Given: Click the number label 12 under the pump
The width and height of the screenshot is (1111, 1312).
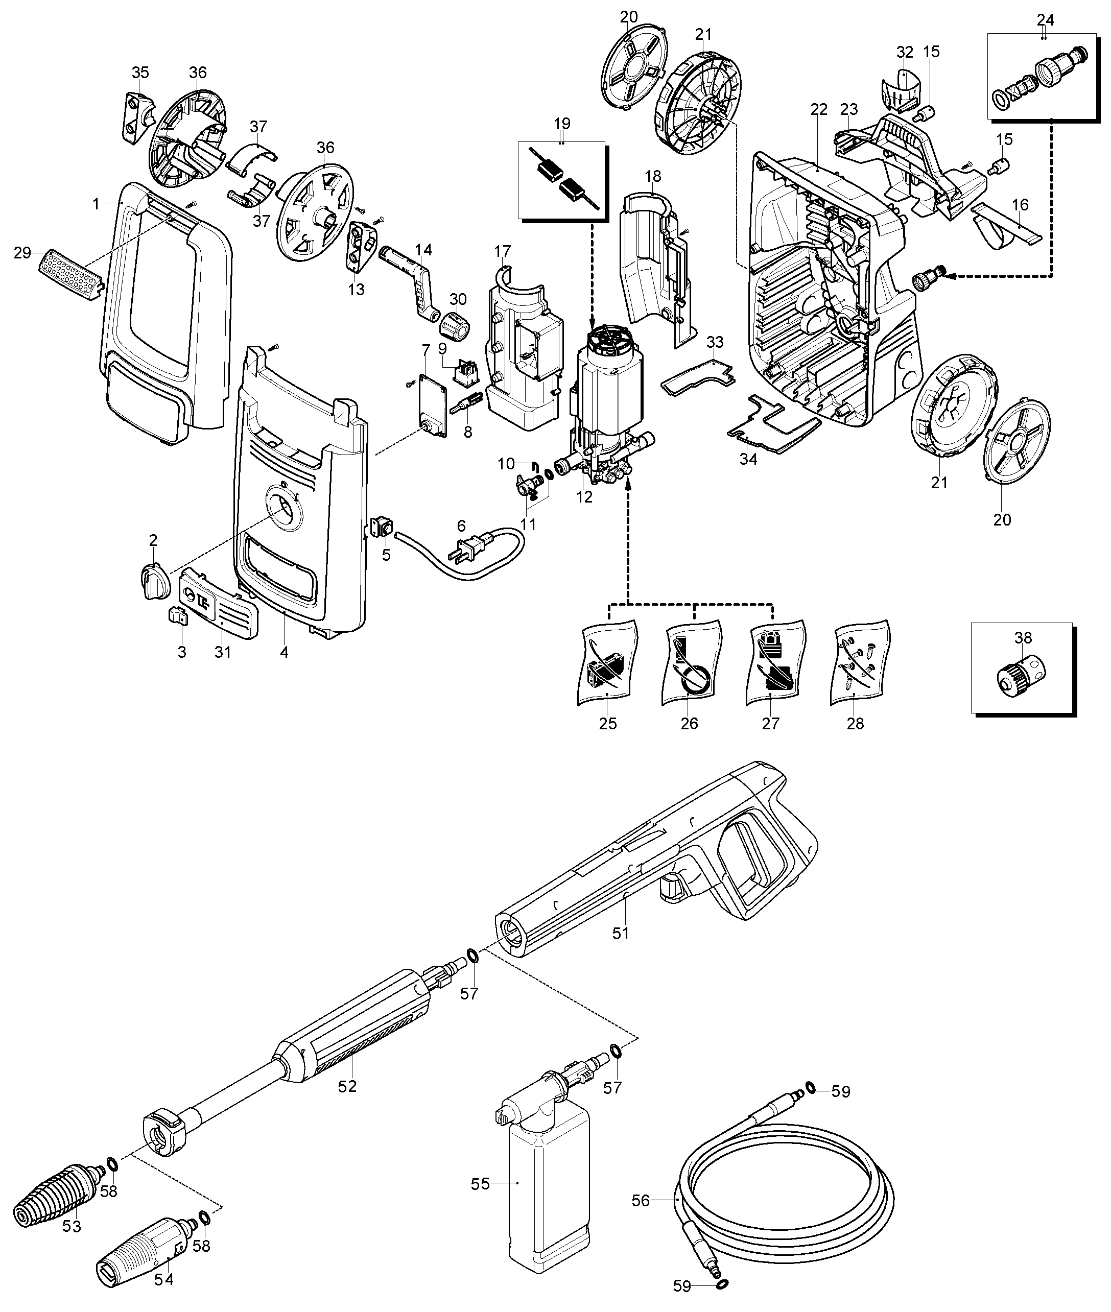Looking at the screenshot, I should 584,497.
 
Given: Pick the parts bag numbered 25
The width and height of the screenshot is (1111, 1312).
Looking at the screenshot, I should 607,665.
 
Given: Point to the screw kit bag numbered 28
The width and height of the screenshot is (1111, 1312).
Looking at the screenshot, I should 860,665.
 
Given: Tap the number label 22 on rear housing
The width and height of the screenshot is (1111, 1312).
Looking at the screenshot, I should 818,109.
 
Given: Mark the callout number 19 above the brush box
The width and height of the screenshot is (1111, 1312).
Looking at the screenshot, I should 562,123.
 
